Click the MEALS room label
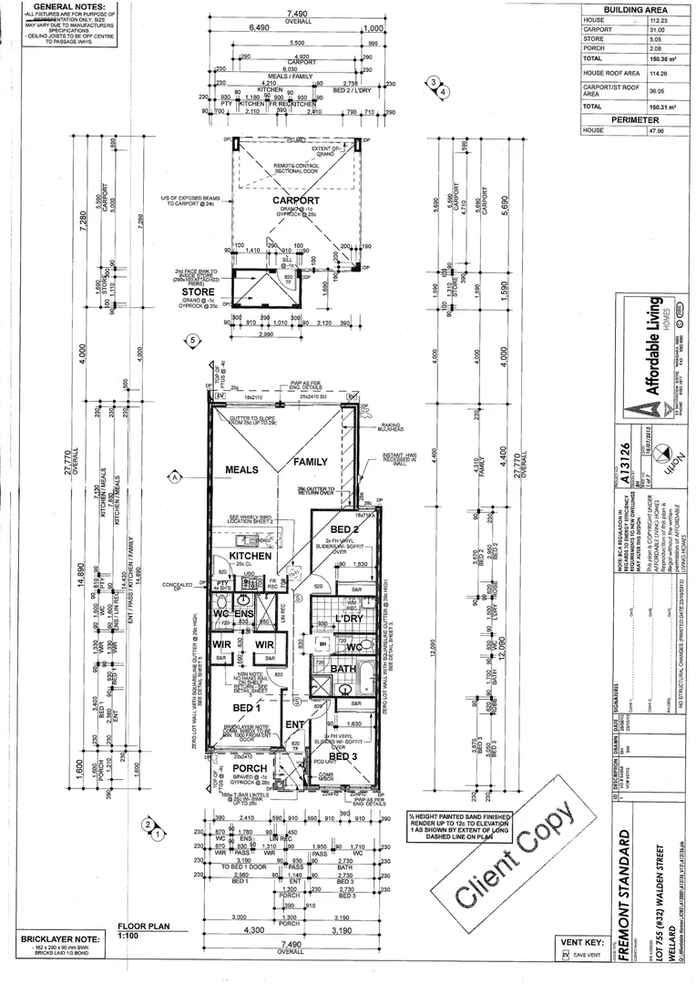(x=242, y=469)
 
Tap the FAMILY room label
(x=310, y=462)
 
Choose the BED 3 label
(x=342, y=756)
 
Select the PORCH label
(x=250, y=768)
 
